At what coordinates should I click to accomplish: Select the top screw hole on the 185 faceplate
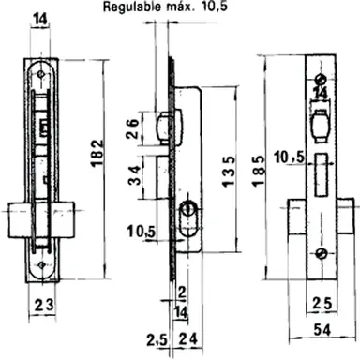pos(319,76)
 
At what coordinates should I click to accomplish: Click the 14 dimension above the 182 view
pos(38,19)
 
